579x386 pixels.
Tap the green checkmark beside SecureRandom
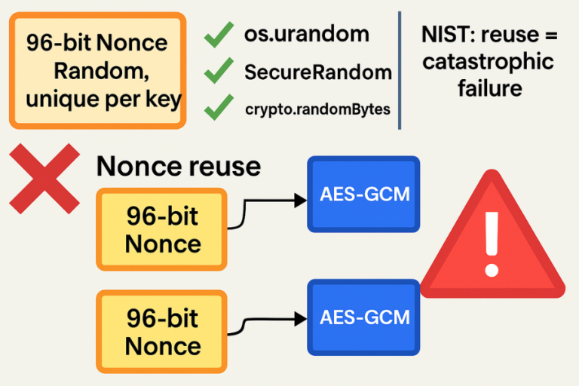point(219,72)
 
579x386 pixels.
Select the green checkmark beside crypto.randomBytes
point(219,109)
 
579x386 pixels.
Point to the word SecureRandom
point(317,72)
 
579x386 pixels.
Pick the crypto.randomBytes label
point(317,109)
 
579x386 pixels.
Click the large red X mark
point(44,178)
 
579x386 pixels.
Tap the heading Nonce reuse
point(179,166)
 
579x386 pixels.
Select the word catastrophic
point(488,61)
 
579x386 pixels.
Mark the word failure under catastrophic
point(489,88)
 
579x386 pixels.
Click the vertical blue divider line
point(400,70)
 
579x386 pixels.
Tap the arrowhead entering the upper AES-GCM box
point(301,200)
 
